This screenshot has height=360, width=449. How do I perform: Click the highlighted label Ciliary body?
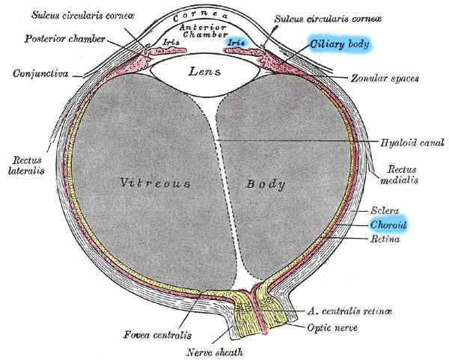pyautogui.click(x=340, y=44)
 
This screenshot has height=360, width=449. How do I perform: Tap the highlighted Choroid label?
pyautogui.click(x=388, y=225)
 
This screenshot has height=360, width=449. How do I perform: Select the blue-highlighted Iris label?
pyautogui.click(x=236, y=43)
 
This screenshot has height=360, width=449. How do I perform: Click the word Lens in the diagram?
pyautogui.click(x=204, y=71)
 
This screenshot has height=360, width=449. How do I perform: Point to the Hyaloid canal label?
pyautogui.click(x=412, y=142)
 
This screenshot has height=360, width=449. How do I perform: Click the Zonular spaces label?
pyautogui.click(x=385, y=78)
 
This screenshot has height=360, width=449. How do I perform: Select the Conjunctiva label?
pyautogui.click(x=40, y=73)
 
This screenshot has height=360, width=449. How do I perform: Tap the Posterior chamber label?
pyautogui.click(x=64, y=39)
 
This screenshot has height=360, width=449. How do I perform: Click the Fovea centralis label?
pyautogui.click(x=157, y=335)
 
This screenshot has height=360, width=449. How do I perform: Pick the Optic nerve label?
pyautogui.click(x=332, y=327)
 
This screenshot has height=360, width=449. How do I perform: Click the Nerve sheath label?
pyautogui.click(x=215, y=352)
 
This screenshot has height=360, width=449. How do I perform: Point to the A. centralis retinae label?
pyautogui.click(x=349, y=311)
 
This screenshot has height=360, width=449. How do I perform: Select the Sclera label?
pyautogui.click(x=385, y=211)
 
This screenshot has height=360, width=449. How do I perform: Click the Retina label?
pyautogui.click(x=385, y=239)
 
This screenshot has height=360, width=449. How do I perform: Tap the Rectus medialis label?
pyautogui.click(x=400, y=174)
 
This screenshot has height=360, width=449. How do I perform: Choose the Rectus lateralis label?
pyautogui.click(x=26, y=165)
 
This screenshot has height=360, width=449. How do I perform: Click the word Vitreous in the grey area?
pyautogui.click(x=155, y=183)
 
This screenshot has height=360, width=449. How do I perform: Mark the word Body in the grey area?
pyautogui.click(x=266, y=184)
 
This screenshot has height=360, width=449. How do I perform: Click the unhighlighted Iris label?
pyautogui.click(x=171, y=43)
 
